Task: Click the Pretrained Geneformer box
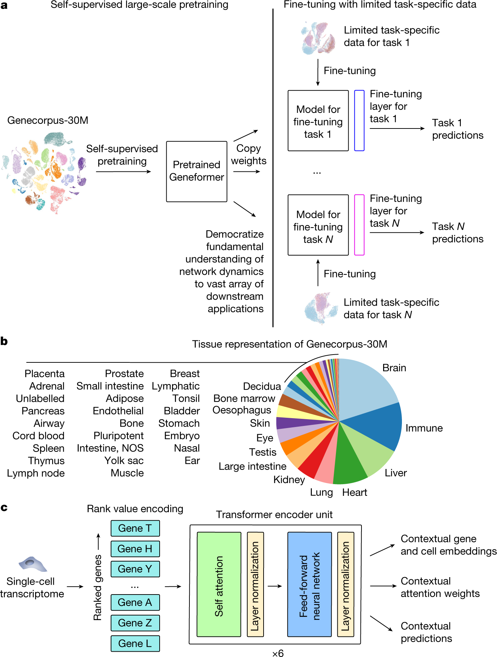(x=197, y=171)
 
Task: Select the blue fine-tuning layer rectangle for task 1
(x=359, y=121)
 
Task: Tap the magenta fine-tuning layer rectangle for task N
(x=359, y=225)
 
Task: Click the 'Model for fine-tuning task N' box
(x=318, y=225)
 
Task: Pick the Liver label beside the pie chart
(x=396, y=473)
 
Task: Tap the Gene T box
(x=135, y=528)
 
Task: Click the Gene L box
(x=135, y=644)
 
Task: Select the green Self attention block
(x=219, y=584)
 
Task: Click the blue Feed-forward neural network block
(x=309, y=584)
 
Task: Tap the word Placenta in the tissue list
(x=44, y=373)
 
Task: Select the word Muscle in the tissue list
(x=127, y=473)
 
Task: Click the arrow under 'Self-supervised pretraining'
(x=123, y=172)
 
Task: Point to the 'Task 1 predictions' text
(x=457, y=129)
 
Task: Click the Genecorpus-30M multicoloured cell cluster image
(x=44, y=172)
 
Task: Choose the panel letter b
(x=4, y=341)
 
